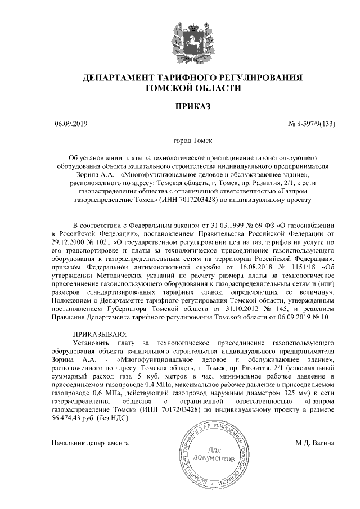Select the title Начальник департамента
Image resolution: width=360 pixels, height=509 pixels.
(91, 443)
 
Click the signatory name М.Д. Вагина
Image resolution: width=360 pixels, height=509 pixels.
(315, 443)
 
